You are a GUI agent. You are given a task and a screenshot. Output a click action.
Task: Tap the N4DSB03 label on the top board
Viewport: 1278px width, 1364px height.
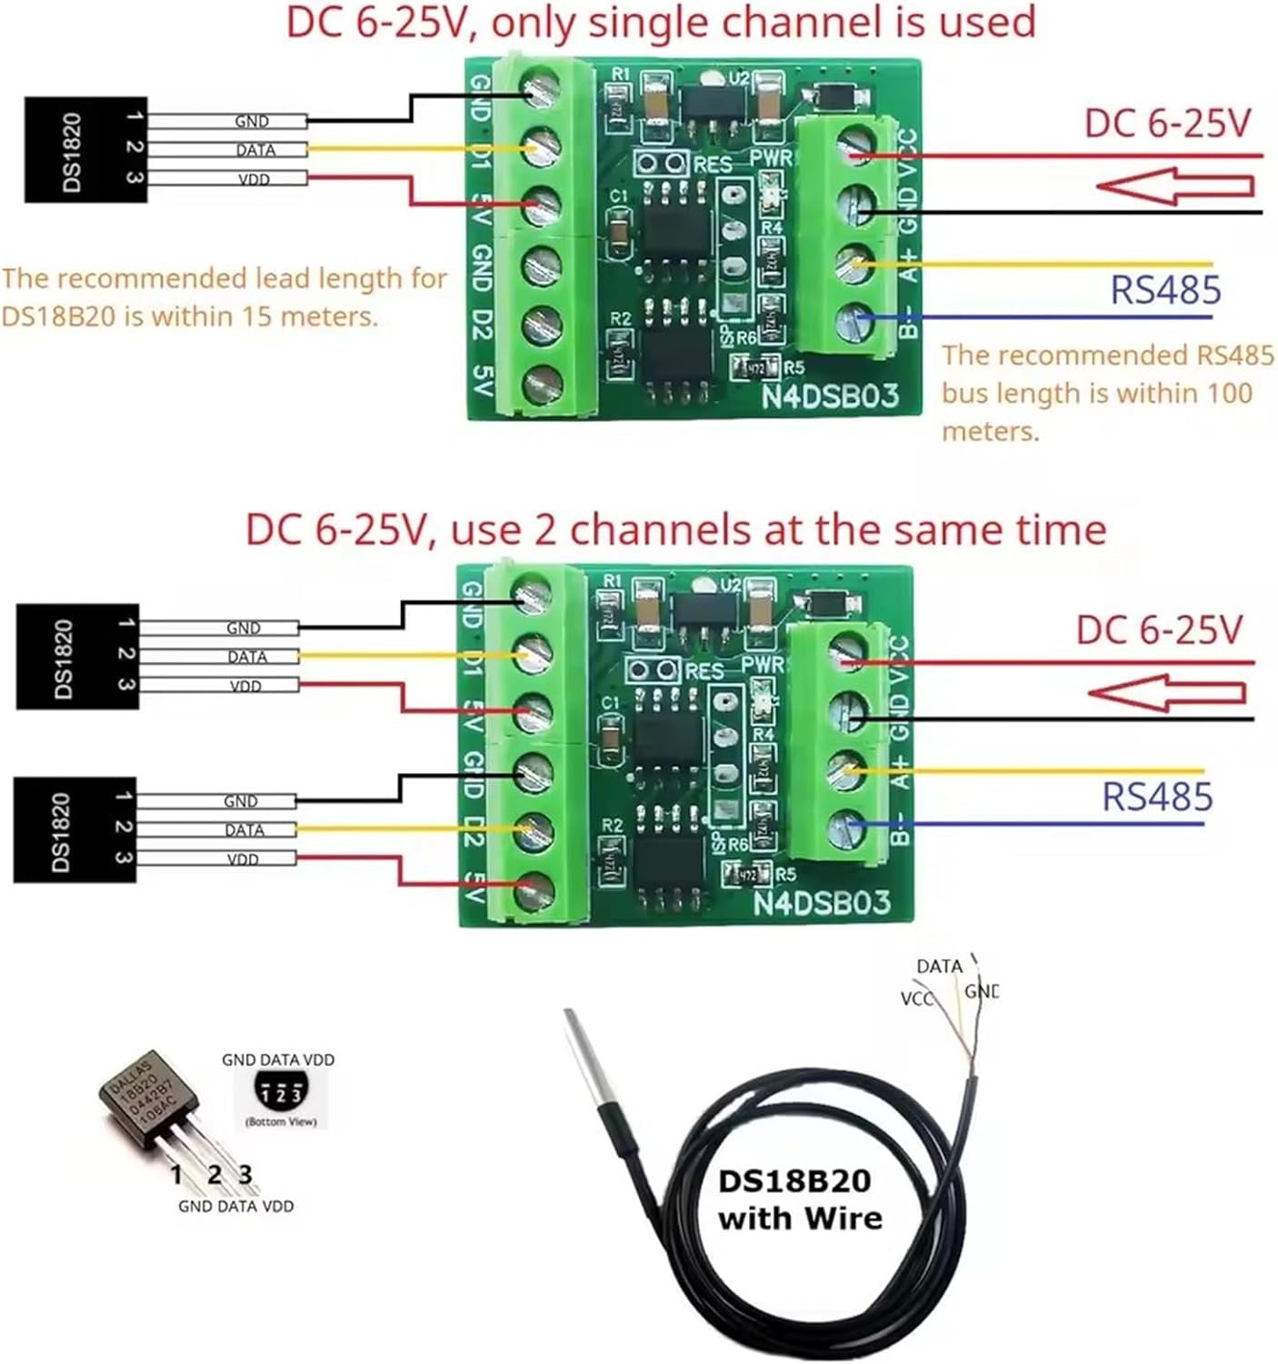coord(829,396)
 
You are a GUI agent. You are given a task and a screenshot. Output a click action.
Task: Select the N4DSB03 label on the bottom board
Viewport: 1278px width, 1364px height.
coord(821,902)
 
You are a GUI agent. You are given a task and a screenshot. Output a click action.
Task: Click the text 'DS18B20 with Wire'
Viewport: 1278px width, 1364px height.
coord(799,1199)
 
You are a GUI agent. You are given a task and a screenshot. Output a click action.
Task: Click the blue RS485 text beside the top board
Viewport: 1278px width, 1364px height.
coord(1165,291)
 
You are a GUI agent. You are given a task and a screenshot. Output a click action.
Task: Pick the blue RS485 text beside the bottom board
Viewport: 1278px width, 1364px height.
coord(1156,797)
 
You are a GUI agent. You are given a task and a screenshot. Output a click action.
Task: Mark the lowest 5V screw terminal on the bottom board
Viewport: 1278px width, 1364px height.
coord(533,890)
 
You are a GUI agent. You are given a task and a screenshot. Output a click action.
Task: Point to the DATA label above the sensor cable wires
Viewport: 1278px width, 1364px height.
coord(938,967)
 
